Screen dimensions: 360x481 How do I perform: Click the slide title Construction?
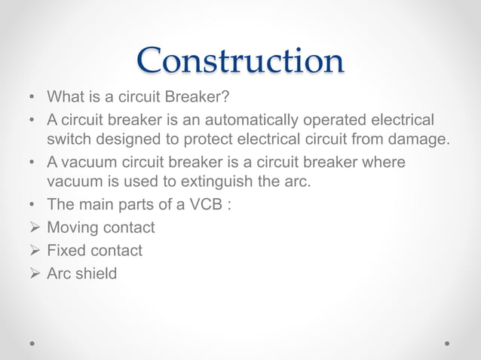pos(240,61)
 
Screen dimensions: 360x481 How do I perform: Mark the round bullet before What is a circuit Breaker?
pos(32,98)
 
